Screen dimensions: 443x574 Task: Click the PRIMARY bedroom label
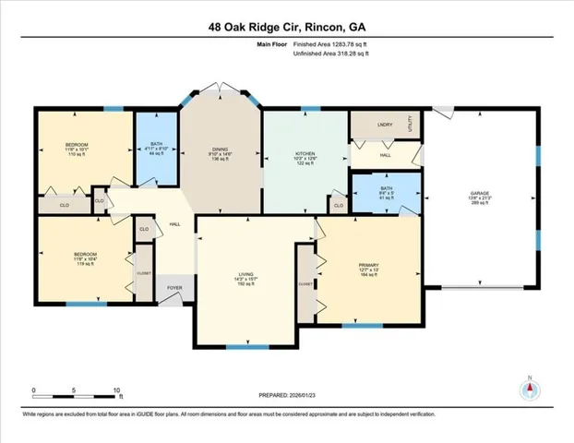pos(369,264)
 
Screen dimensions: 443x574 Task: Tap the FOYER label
pos(174,288)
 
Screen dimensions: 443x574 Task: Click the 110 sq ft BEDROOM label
pos(77,146)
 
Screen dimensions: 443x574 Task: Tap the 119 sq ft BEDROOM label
pos(86,254)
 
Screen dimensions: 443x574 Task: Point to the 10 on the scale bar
pos(116,391)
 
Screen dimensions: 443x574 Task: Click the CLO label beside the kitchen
pos(339,205)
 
